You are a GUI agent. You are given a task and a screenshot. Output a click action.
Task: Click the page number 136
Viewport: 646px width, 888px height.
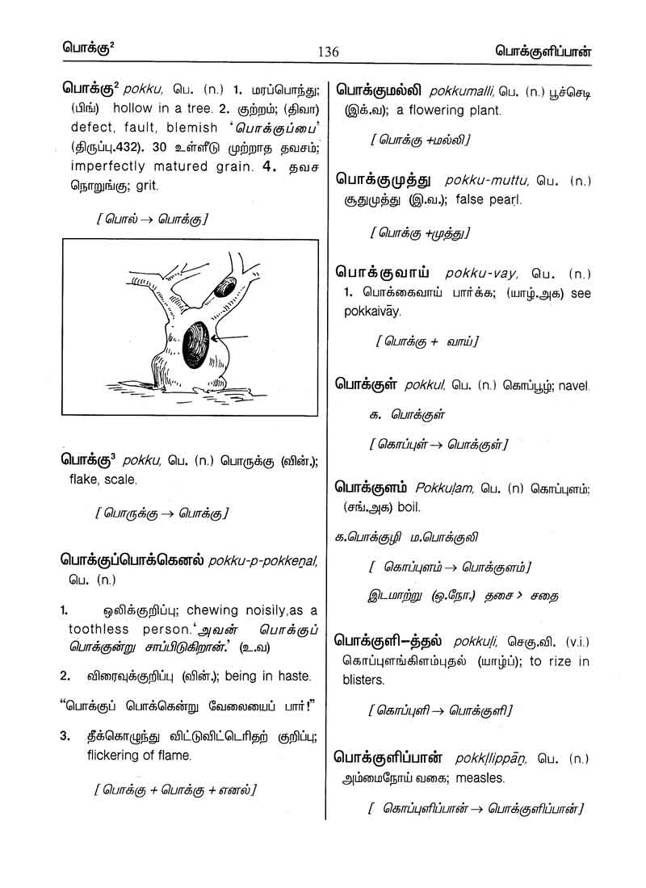tap(329, 52)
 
